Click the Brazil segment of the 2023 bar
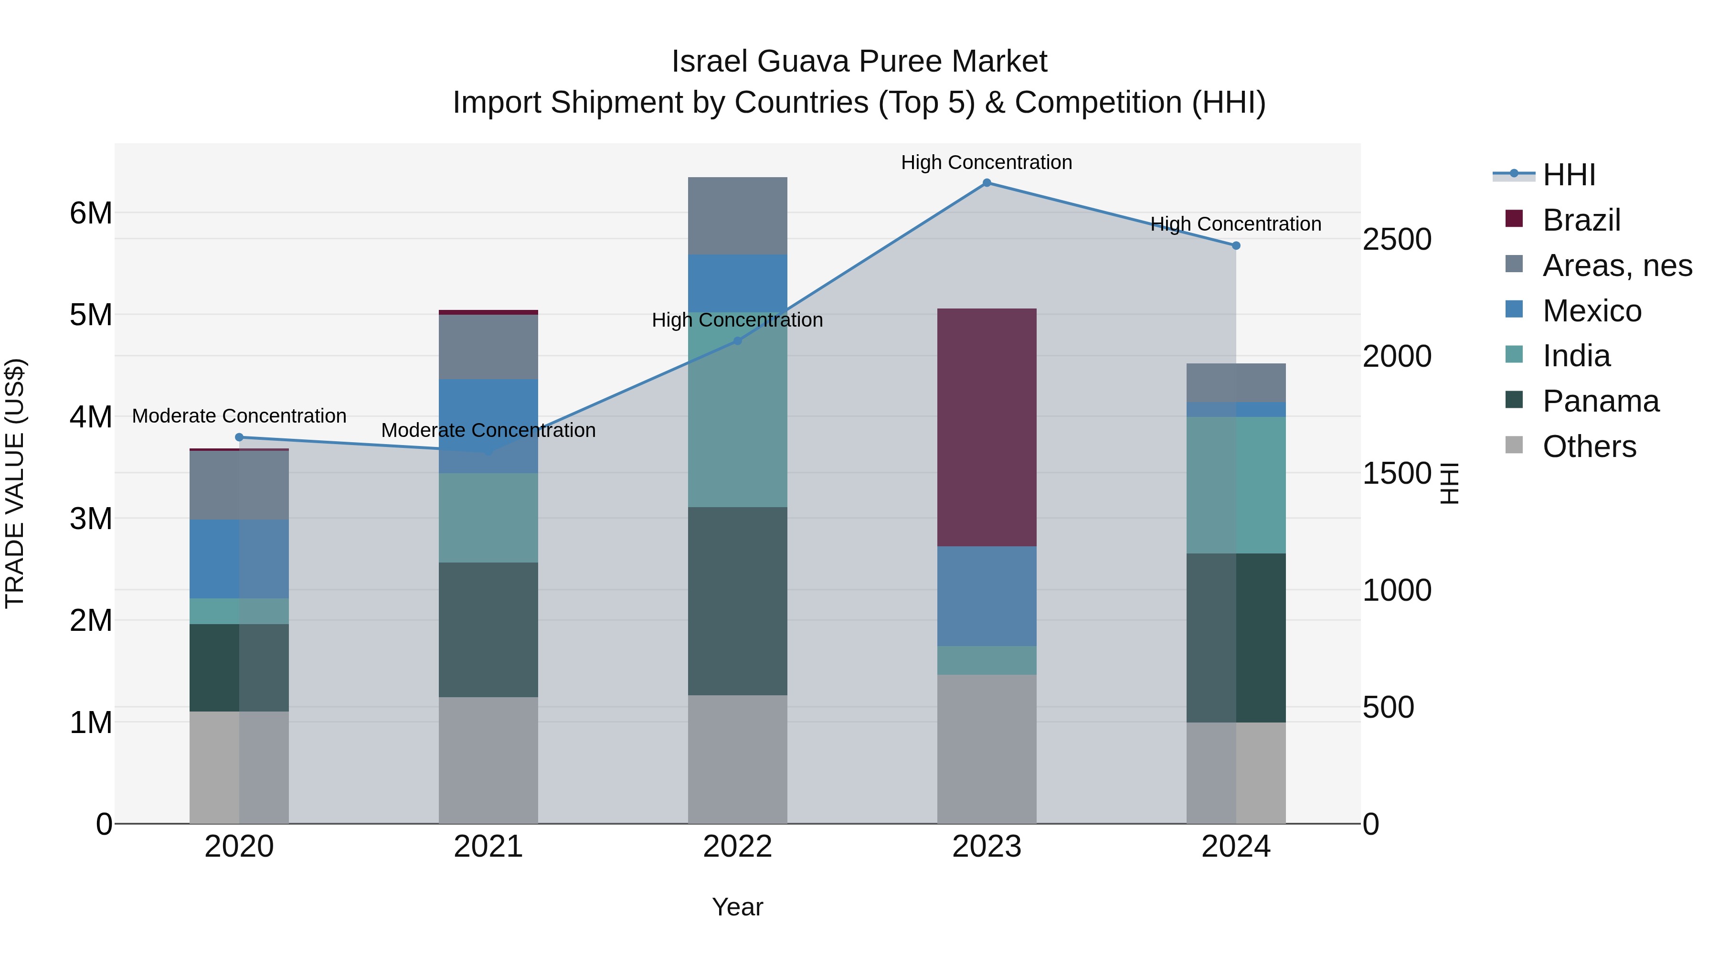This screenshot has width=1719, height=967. (x=987, y=427)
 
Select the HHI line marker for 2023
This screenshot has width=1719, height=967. (x=987, y=183)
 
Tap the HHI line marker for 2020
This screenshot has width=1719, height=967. (x=239, y=437)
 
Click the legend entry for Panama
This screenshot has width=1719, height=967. (x=1600, y=401)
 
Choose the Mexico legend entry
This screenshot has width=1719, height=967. (x=1592, y=311)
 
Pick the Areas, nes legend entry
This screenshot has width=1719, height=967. (x=1617, y=266)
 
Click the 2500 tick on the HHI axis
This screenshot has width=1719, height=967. (x=1397, y=240)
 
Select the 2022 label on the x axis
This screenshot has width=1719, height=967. (x=737, y=847)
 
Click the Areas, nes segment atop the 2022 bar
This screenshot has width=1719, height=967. (x=737, y=215)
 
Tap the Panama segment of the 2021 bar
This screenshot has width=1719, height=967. (x=488, y=629)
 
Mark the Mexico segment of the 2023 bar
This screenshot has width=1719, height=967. (x=987, y=596)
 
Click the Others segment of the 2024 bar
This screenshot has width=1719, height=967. (x=1236, y=773)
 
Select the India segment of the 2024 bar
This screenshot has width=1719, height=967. (x=1236, y=485)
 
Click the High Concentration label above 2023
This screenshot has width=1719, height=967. (x=987, y=162)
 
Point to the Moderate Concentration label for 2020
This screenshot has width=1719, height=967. (x=239, y=416)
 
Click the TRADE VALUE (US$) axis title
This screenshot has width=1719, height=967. (x=15, y=483)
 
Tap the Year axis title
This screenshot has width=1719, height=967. (x=737, y=907)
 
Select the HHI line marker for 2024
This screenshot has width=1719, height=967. (x=1236, y=245)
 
